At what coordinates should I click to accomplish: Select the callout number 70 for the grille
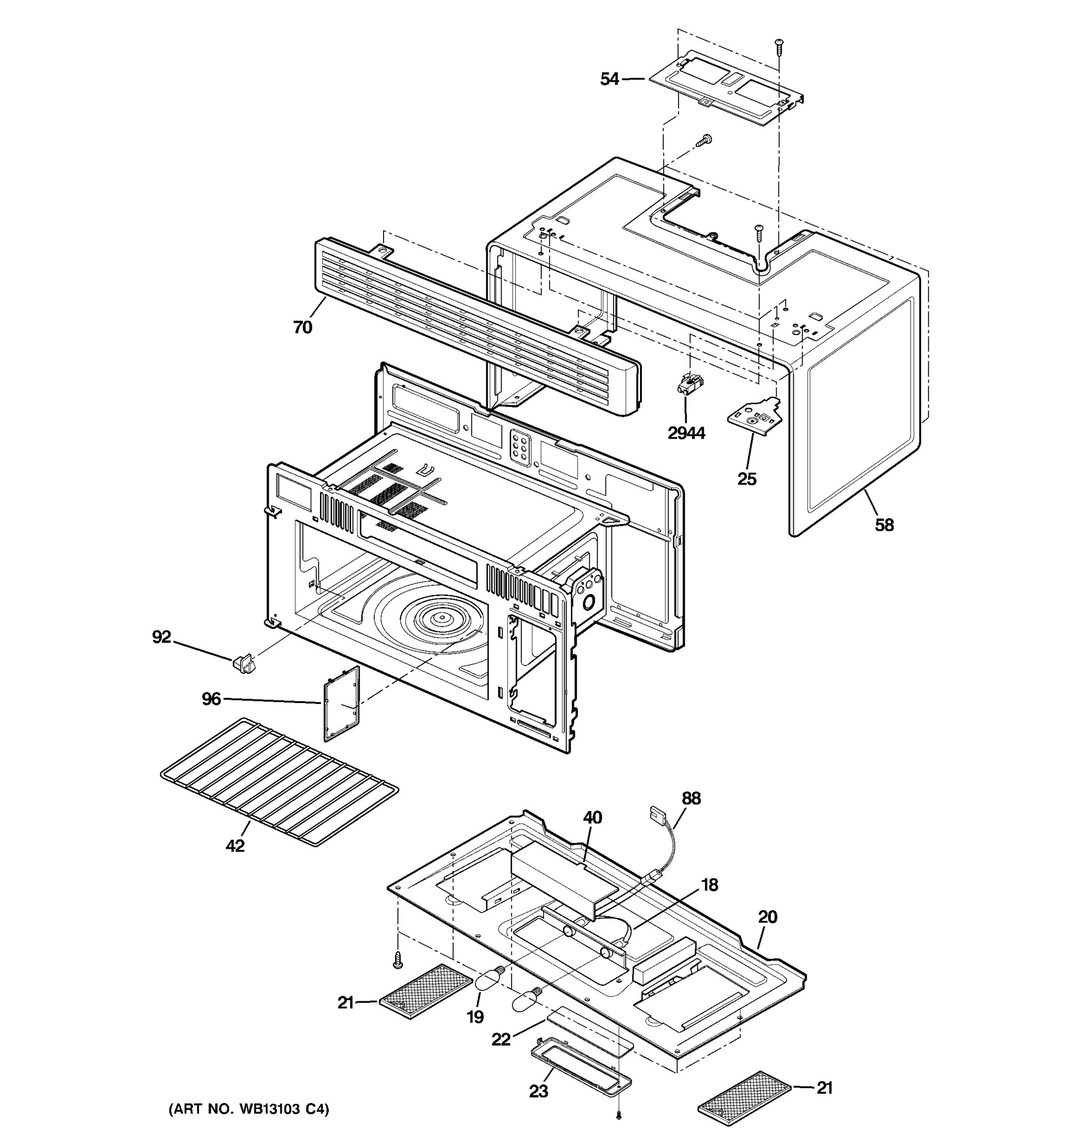click(x=303, y=327)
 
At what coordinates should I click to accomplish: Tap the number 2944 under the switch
click(x=686, y=433)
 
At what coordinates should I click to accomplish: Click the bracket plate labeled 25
click(x=755, y=415)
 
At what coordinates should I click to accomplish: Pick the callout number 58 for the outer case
click(x=884, y=525)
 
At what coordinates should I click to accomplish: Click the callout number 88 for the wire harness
click(x=691, y=799)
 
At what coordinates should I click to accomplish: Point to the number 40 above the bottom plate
click(x=592, y=818)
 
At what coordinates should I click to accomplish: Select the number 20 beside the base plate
click(x=768, y=916)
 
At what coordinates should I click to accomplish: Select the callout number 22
click(x=501, y=1039)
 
